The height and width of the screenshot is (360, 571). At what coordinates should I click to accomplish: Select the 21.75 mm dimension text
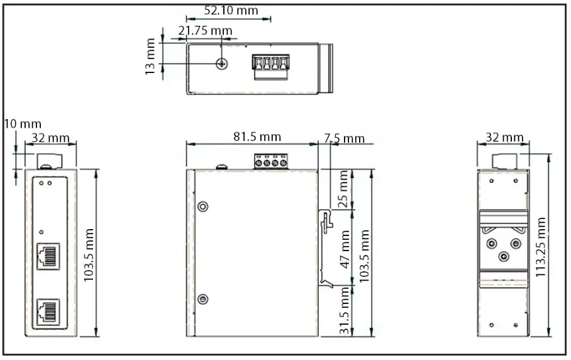[205, 30]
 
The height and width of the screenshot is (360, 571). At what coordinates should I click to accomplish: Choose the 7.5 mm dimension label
[344, 138]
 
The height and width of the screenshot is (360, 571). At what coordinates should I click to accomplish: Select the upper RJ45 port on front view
[48, 256]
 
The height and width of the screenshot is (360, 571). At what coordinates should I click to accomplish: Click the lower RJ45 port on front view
[48, 310]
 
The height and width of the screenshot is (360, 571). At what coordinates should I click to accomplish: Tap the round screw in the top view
[221, 64]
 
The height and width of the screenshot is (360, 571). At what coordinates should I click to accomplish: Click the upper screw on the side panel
[202, 207]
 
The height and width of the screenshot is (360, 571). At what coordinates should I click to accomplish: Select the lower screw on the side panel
[202, 299]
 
